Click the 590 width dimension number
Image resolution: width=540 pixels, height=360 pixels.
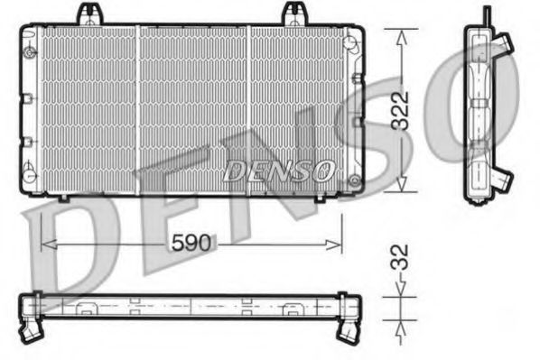pos(191,243)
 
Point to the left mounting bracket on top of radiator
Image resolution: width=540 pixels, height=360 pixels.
pos(88,14)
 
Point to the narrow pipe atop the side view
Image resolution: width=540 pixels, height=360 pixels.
pos(486,15)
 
